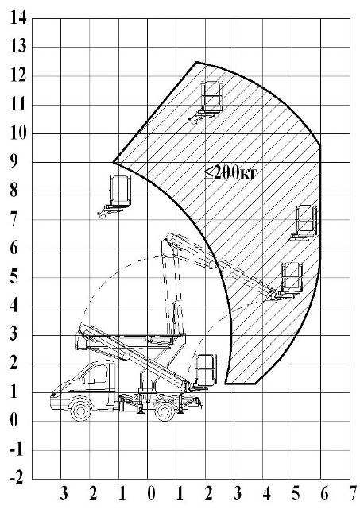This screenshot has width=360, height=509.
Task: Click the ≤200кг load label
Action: [230, 172]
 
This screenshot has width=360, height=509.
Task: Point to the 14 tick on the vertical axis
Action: [18, 17]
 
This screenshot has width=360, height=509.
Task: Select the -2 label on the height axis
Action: [17, 478]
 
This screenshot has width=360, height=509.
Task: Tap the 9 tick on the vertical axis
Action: [14, 161]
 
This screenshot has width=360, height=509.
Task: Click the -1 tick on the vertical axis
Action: [17, 449]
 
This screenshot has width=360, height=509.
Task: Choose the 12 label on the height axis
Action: [18, 75]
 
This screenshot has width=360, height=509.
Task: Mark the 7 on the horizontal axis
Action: [352, 494]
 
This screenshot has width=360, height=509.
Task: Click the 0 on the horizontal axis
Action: [151, 494]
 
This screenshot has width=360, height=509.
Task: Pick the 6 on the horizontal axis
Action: [324, 494]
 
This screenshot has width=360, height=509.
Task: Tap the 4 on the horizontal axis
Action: [266, 494]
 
